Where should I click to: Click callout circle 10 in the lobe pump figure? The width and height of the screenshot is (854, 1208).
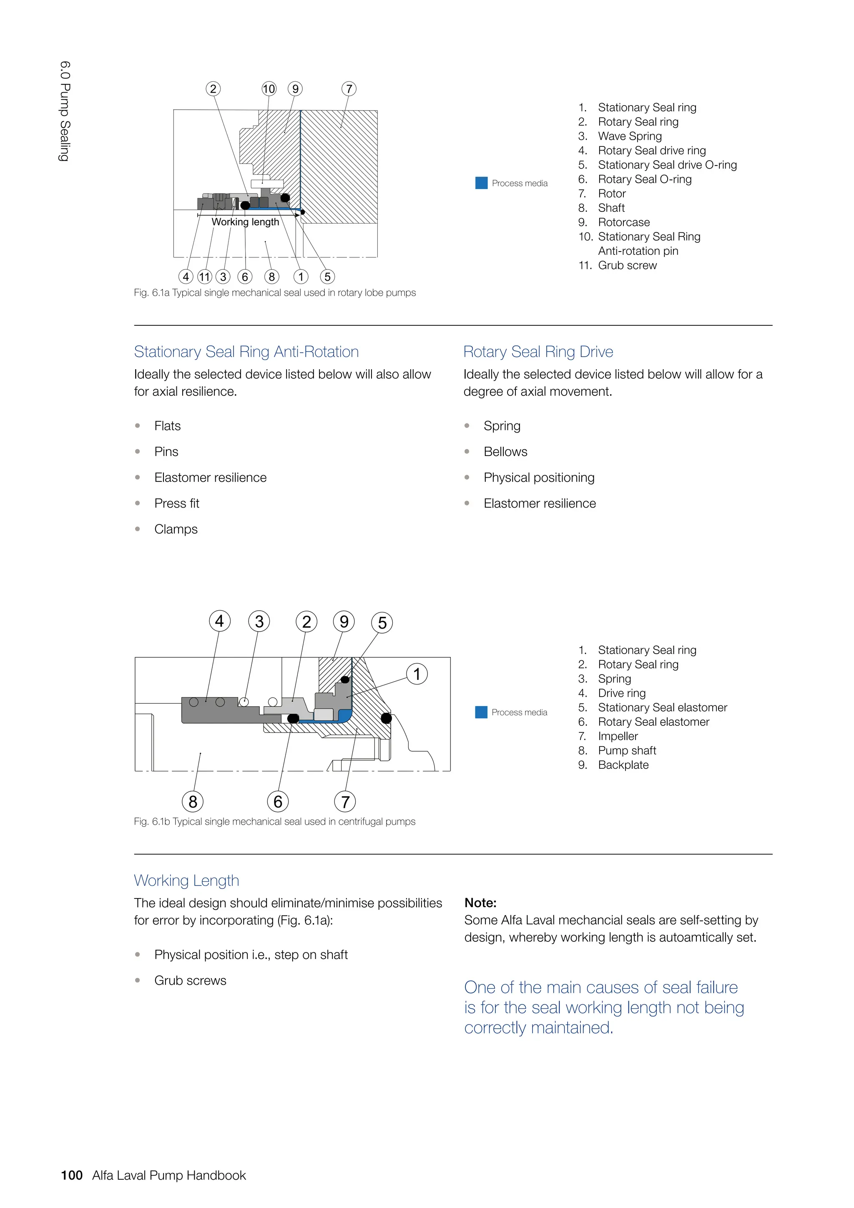269,89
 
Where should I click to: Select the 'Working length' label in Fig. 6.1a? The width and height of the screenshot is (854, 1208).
245,222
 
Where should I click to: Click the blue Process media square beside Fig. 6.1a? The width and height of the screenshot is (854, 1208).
481,183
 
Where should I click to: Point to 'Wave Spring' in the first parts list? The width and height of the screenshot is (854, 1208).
630,136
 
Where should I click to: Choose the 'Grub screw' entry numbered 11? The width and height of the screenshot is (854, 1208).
627,265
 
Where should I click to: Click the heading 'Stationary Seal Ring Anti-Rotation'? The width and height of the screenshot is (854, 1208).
246,352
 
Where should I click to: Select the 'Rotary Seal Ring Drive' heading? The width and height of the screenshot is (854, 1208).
538,352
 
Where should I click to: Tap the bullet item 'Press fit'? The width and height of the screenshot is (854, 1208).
177,503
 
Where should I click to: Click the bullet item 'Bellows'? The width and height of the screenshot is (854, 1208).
505,452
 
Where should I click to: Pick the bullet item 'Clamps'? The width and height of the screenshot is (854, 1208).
176,529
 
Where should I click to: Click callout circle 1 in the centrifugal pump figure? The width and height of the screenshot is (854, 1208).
417,674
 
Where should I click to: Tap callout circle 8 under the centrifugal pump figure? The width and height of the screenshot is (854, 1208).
193,802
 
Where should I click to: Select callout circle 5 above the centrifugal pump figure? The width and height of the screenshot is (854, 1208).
382,623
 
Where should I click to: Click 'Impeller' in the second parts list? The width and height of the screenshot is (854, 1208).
618,736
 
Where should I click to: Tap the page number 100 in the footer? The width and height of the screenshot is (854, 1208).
72,1175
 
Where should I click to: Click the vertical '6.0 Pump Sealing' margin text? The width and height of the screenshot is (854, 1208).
65,111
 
